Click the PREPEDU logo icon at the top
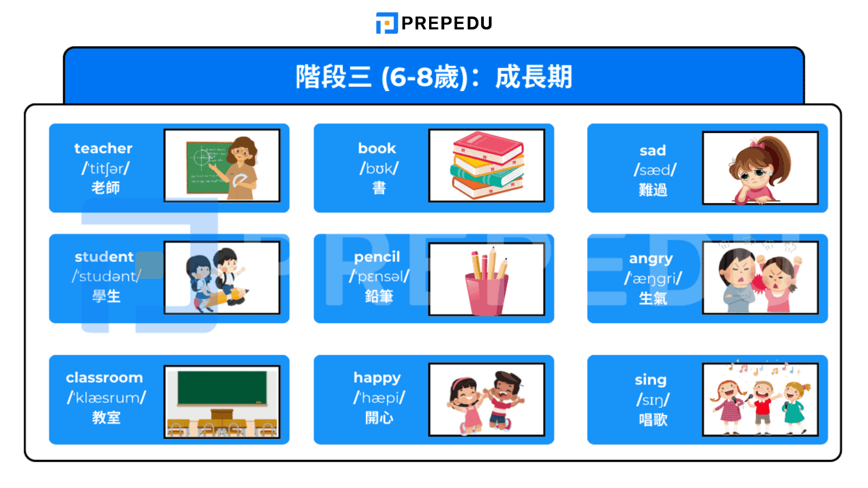[x=387, y=23]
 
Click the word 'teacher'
[x=103, y=148]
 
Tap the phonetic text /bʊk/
[x=379, y=169]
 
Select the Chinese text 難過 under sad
[x=653, y=190]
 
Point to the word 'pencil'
[x=377, y=256]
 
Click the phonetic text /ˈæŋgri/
[x=653, y=279]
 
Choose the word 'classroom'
[x=104, y=377]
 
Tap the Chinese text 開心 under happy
[x=379, y=418]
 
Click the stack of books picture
[x=487, y=165]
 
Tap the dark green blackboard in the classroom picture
[x=222, y=387]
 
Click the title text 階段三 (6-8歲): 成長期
[x=433, y=76]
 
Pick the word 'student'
[x=104, y=256]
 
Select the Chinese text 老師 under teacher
[x=105, y=188]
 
